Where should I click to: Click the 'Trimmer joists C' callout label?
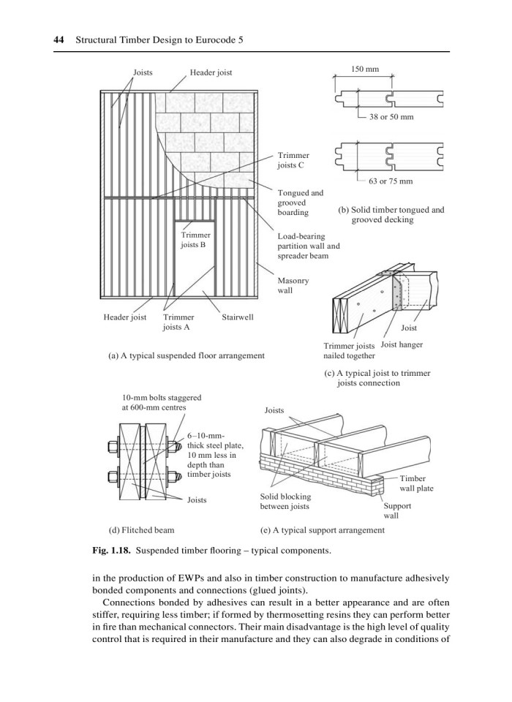click(294, 160)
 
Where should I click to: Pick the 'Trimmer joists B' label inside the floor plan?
click(195, 240)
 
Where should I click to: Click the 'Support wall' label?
click(399, 510)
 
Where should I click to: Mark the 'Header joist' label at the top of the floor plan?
click(211, 73)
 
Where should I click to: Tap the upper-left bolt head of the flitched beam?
click(114, 444)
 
